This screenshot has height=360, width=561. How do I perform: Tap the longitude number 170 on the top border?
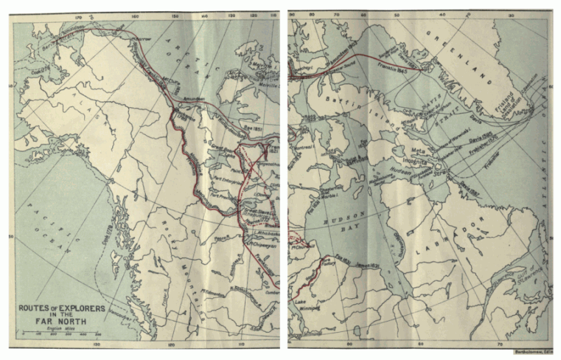click(x=79, y=17)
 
